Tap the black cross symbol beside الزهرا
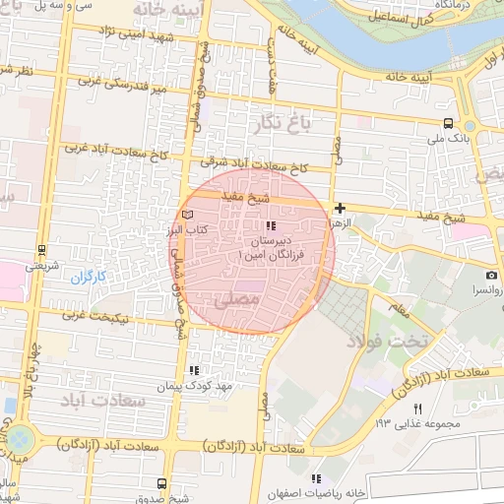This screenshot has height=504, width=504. (340, 208)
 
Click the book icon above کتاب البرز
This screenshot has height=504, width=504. (189, 214)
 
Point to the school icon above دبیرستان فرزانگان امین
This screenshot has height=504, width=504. (271, 227)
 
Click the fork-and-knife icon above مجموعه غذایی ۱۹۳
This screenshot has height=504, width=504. (417, 409)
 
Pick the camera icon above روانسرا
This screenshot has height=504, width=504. (490, 276)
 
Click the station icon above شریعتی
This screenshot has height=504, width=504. (41, 250)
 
